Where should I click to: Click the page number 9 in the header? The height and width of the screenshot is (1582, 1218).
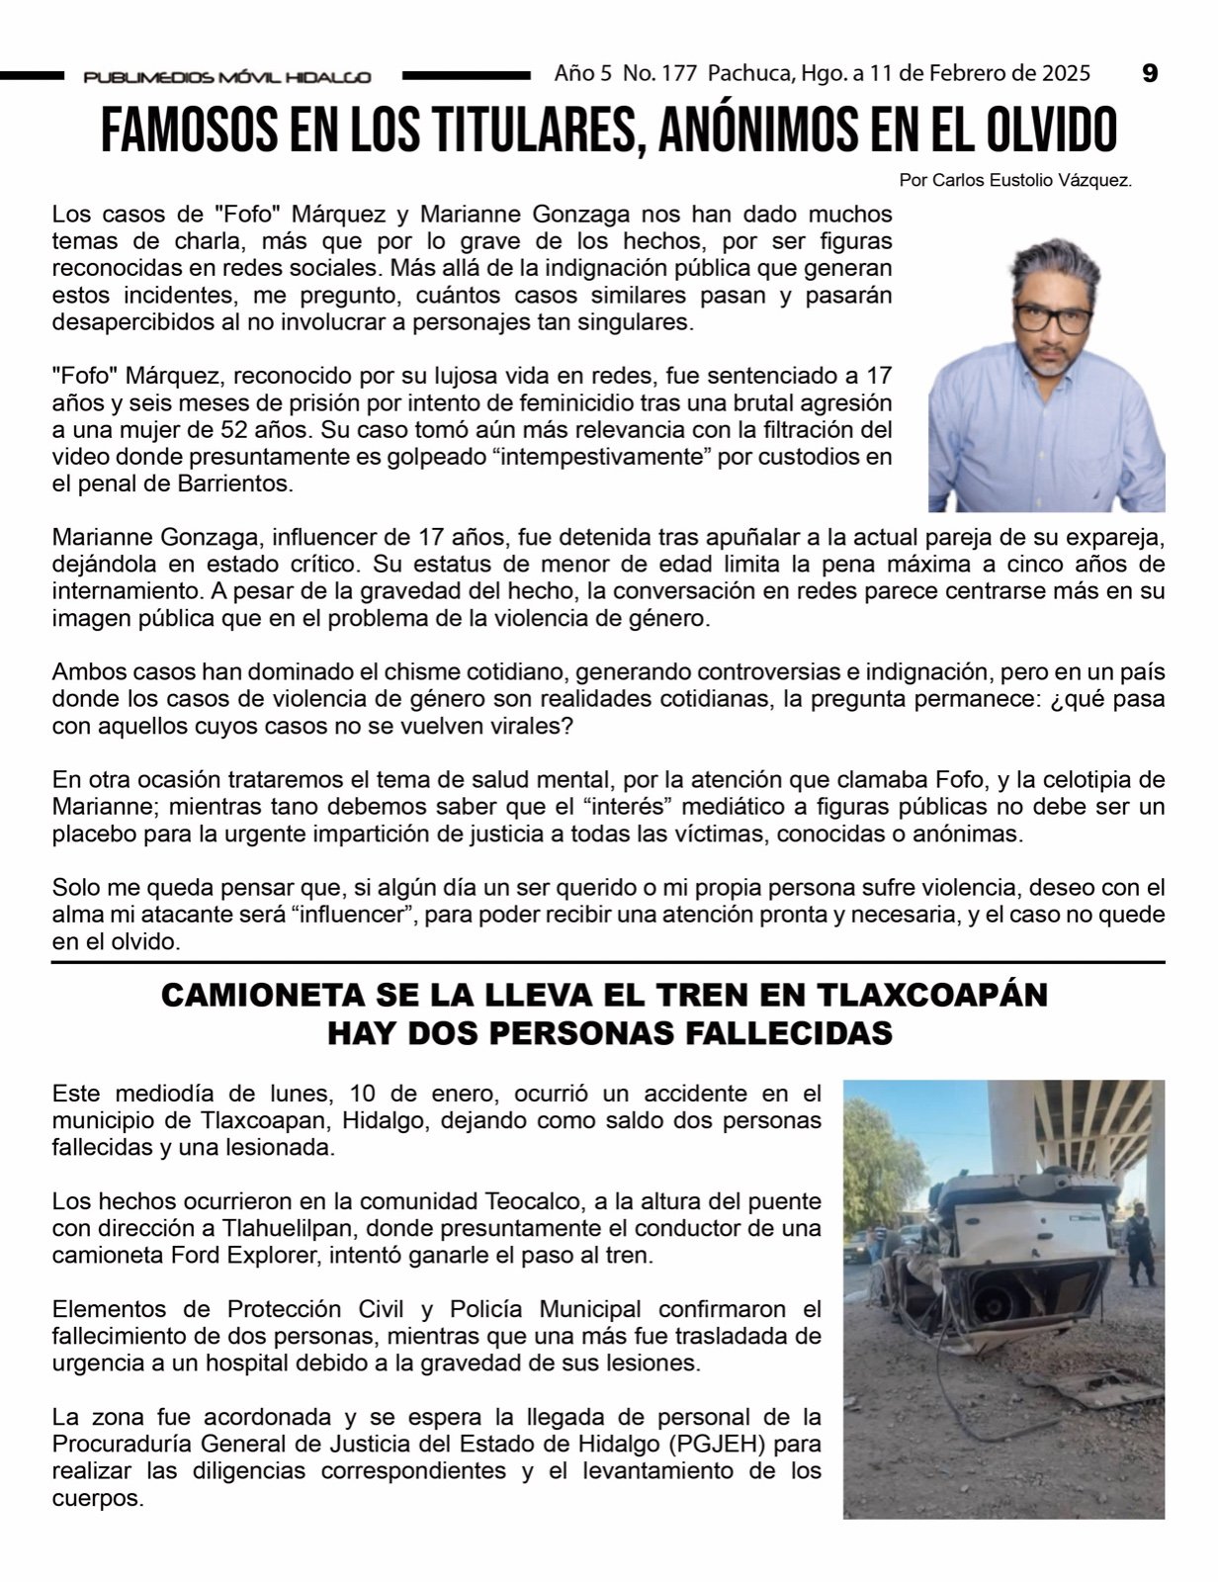[x=1149, y=73]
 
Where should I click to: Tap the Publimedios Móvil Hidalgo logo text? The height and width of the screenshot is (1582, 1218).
[x=227, y=77]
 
